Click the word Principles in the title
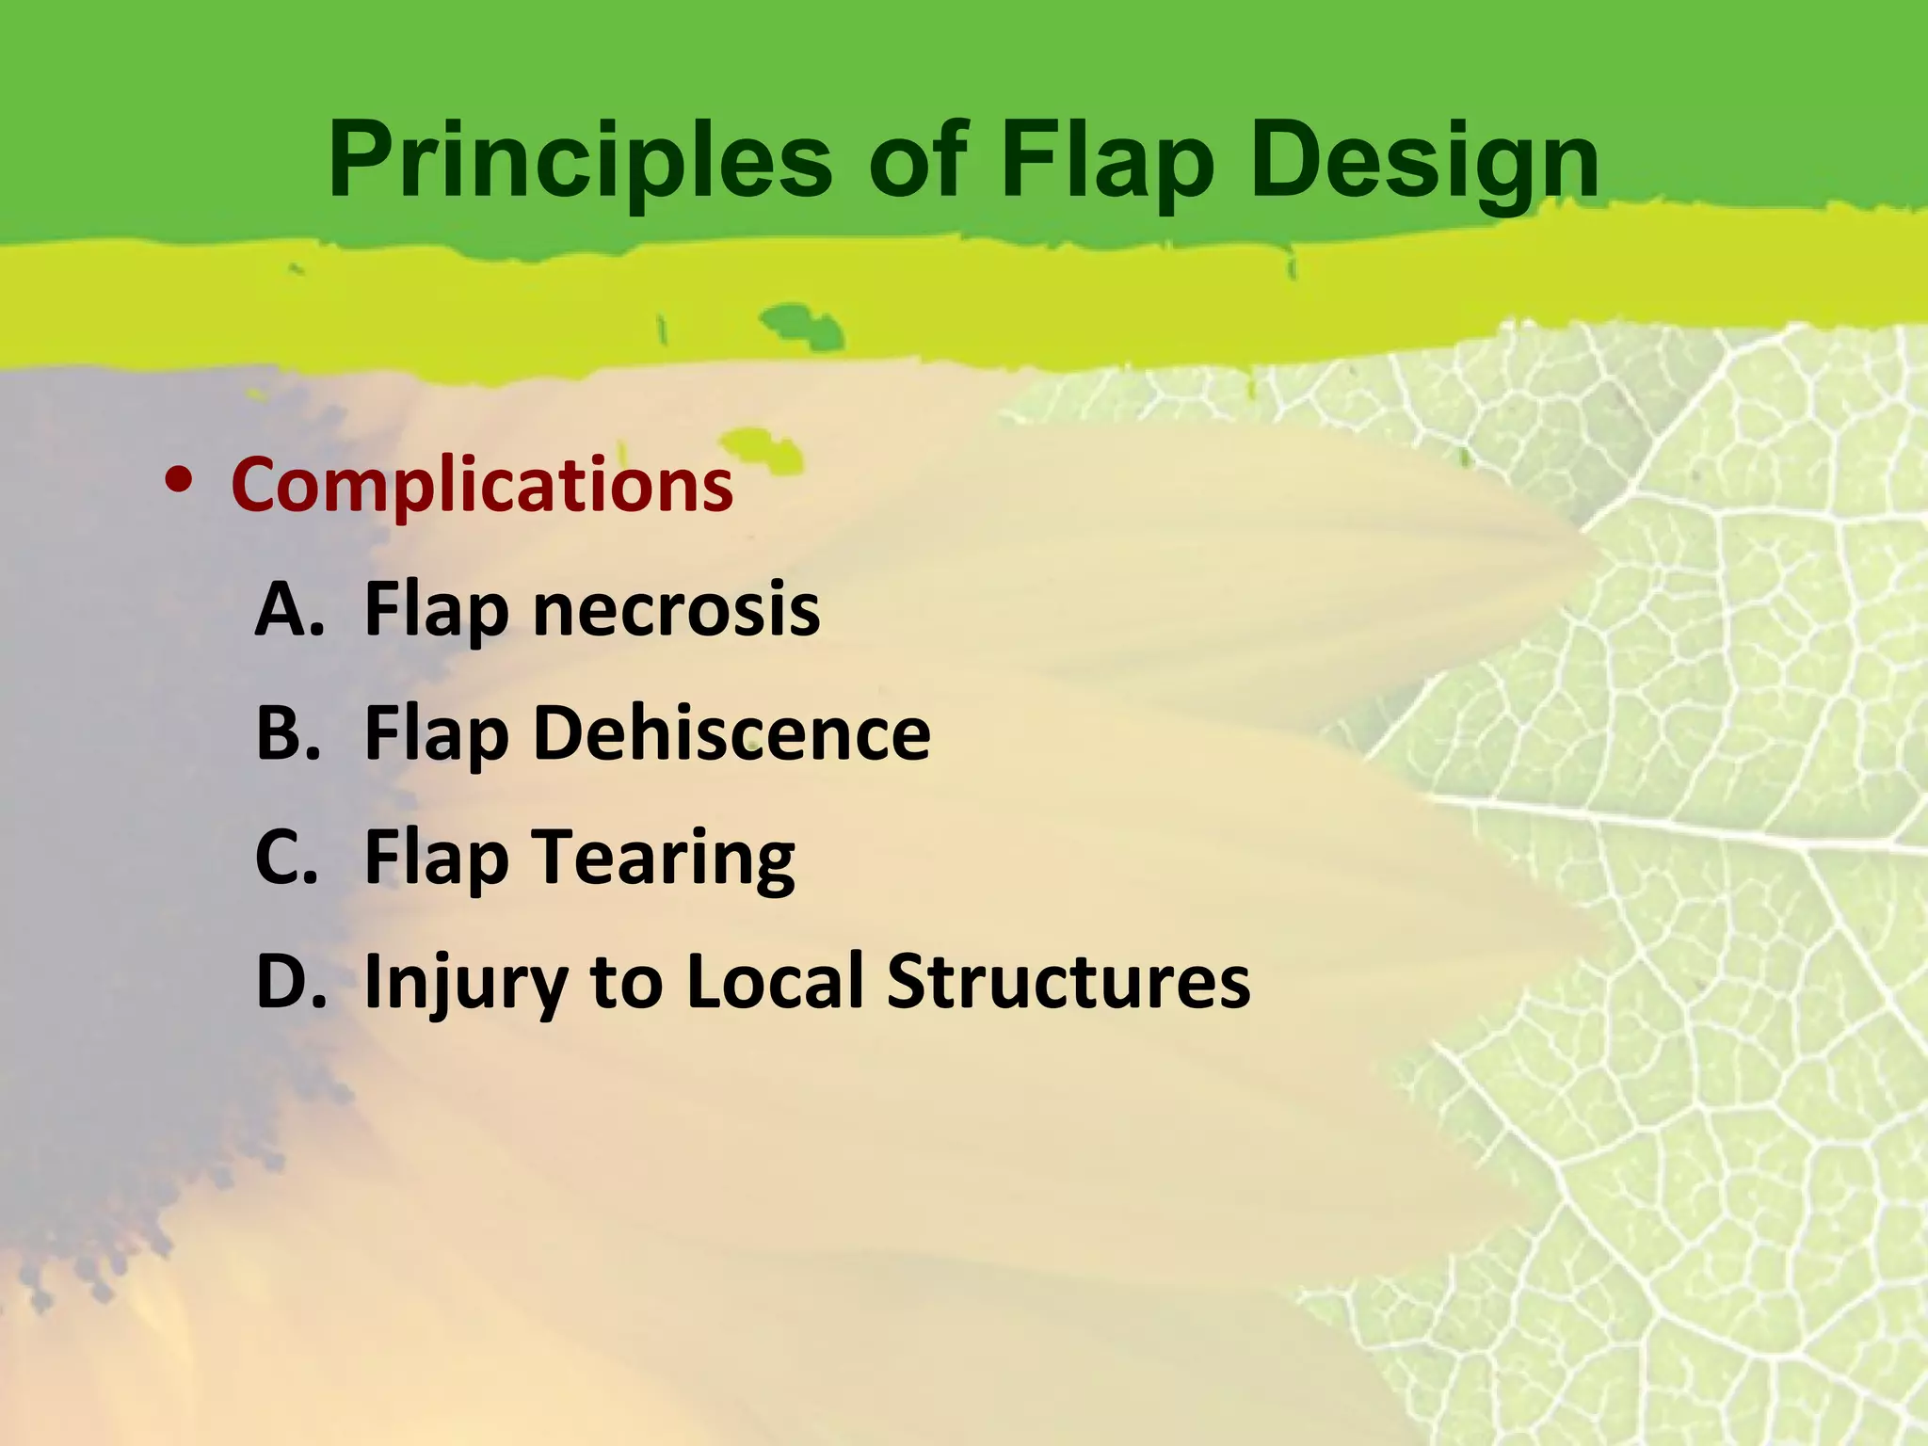[x=579, y=162]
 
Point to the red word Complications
[x=482, y=486]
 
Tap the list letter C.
[x=286, y=857]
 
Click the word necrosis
[x=676, y=610]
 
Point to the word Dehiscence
[x=731, y=733]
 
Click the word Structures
[x=1068, y=981]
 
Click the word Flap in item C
[x=436, y=859]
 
